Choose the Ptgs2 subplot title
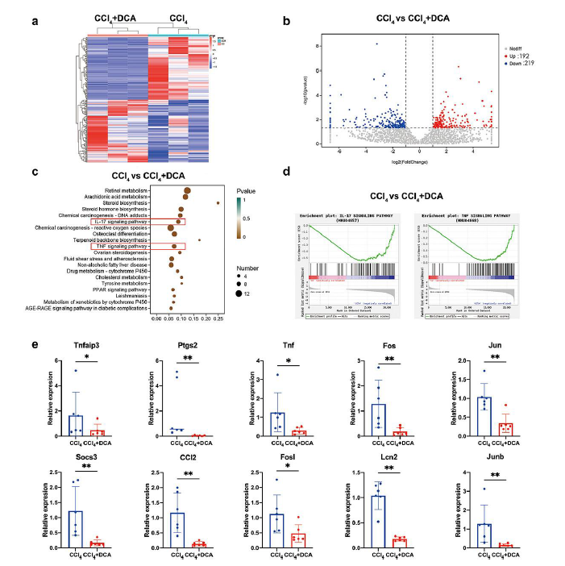point(187,340)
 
